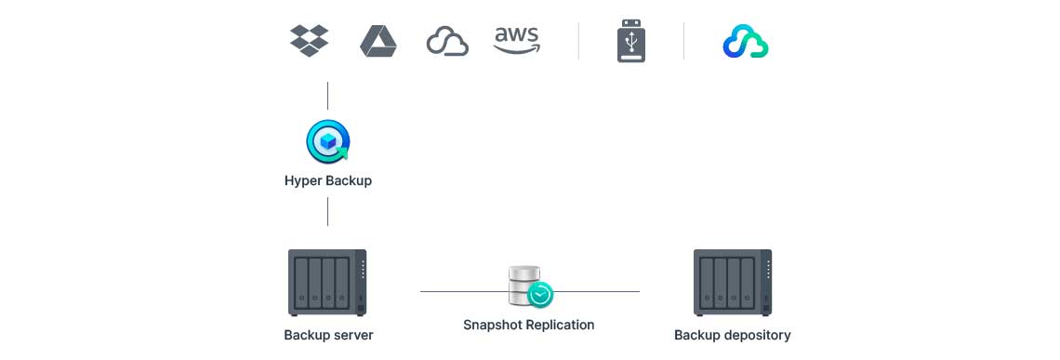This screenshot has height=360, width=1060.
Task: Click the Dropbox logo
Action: [310, 41]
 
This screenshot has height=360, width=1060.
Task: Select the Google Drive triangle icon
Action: [378, 41]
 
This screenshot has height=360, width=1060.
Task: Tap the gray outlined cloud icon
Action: [447, 42]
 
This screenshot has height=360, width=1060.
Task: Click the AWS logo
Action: [516, 40]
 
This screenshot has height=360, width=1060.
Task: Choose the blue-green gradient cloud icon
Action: [745, 42]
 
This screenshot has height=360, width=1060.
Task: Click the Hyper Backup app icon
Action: [328, 141]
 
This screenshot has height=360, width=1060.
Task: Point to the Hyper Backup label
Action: [328, 180]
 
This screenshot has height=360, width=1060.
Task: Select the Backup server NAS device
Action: [327, 282]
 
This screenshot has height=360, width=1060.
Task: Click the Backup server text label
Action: [328, 335]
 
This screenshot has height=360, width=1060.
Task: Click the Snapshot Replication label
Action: [528, 325]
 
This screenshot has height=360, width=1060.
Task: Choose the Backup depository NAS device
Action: [733, 282]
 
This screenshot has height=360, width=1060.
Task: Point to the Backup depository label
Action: [733, 335]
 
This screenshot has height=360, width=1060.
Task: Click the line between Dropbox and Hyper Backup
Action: [328, 96]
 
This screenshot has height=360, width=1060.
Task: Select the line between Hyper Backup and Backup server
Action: [328, 211]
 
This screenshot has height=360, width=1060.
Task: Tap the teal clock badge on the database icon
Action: [540, 295]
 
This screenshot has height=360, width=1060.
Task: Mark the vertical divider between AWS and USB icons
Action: [578, 41]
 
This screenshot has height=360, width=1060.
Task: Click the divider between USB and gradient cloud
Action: [684, 41]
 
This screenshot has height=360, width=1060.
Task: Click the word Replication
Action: [558, 325]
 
